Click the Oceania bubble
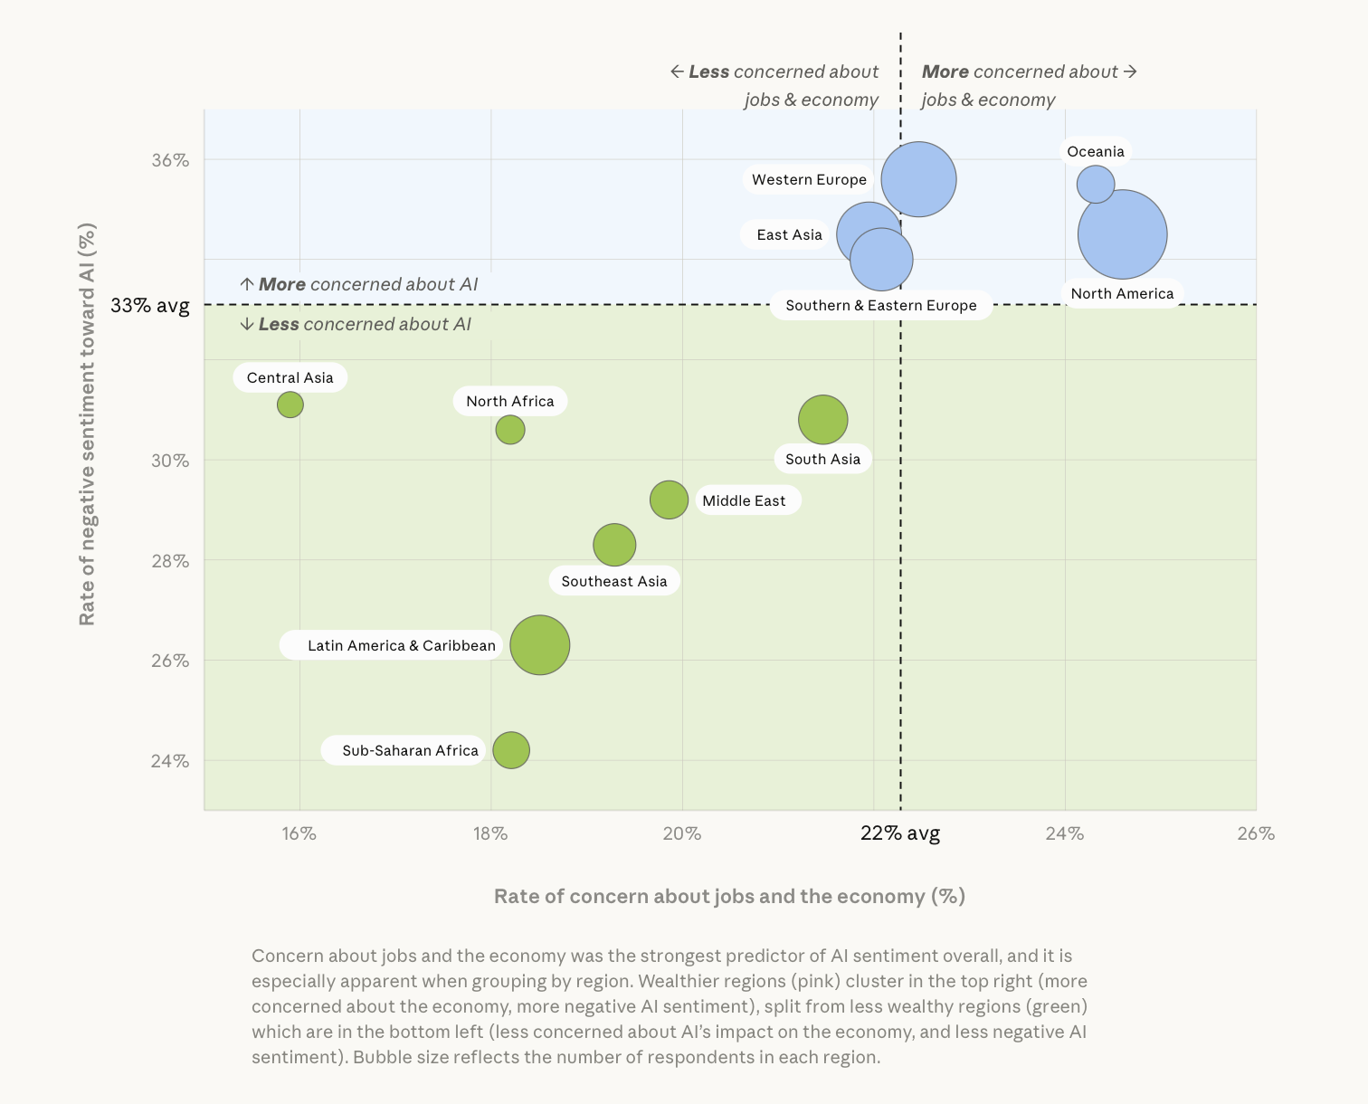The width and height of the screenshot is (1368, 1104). [x=1095, y=184]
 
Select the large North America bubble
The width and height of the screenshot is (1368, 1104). [x=1122, y=234]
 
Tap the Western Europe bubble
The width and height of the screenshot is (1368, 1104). [x=918, y=179]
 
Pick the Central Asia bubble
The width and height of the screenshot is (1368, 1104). [x=290, y=404]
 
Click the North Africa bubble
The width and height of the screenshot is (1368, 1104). [x=510, y=430]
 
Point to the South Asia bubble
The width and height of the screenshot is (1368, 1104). [x=822, y=420]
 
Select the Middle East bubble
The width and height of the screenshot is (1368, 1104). [x=669, y=500]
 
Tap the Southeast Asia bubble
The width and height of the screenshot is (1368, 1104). [x=614, y=545]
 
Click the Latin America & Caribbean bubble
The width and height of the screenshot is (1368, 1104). [x=539, y=645]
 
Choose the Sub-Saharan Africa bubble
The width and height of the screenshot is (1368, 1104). [x=511, y=750]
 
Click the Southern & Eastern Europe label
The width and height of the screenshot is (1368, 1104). [x=880, y=306]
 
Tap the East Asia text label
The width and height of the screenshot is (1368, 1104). [x=789, y=235]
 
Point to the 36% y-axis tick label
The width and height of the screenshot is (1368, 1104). [x=170, y=160]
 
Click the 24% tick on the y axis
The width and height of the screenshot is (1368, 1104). [x=170, y=761]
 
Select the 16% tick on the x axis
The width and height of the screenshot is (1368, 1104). [x=299, y=833]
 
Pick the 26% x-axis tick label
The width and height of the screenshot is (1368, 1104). [x=1256, y=833]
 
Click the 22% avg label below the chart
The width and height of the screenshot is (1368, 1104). [x=899, y=833]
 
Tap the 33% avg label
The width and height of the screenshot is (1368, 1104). [x=150, y=306]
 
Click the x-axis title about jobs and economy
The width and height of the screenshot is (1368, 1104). [x=729, y=896]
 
